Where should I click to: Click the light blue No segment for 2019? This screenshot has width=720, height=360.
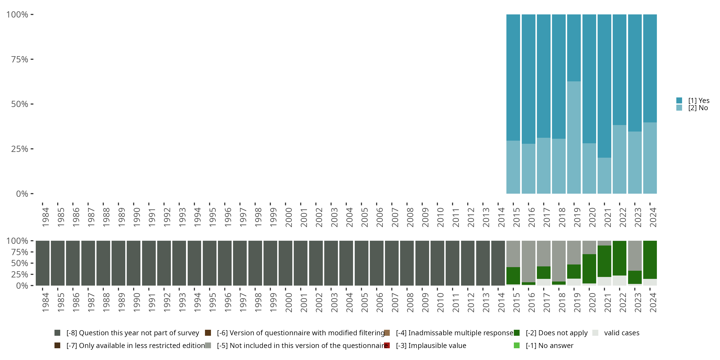point(574,137)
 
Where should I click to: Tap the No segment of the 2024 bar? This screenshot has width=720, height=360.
point(650,158)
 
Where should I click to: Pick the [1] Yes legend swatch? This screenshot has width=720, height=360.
point(679,100)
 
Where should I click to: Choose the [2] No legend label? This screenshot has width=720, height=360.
point(698,108)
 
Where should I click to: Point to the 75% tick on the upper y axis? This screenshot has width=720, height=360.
point(20,59)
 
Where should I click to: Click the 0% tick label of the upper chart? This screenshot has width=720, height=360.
point(22,194)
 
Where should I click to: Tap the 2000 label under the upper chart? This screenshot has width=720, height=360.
point(288,217)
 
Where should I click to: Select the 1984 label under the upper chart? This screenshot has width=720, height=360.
point(46,217)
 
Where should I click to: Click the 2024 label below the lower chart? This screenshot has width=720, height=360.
point(653,303)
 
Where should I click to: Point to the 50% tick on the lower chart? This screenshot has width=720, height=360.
point(20,263)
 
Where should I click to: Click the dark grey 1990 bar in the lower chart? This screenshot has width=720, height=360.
point(134,263)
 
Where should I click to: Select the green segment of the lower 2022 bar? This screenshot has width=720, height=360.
point(619,258)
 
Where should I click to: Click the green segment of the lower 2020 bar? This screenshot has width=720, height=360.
point(589,269)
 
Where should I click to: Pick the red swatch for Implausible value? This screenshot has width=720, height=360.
point(387,345)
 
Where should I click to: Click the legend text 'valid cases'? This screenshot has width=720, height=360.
point(622,333)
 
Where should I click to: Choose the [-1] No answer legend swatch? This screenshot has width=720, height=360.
point(516,345)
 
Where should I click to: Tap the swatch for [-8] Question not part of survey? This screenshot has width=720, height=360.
point(57,333)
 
